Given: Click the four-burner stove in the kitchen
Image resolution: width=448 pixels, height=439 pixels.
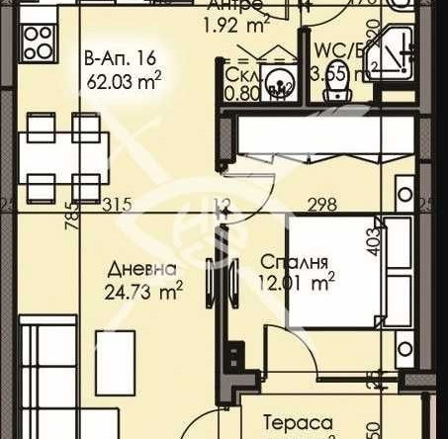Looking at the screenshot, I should [x=38, y=42].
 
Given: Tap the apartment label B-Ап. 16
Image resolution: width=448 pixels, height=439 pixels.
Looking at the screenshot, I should [x=119, y=58].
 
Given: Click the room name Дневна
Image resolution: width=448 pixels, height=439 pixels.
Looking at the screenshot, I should [x=142, y=270].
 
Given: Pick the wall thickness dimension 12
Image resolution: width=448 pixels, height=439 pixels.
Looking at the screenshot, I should [x=224, y=205].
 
